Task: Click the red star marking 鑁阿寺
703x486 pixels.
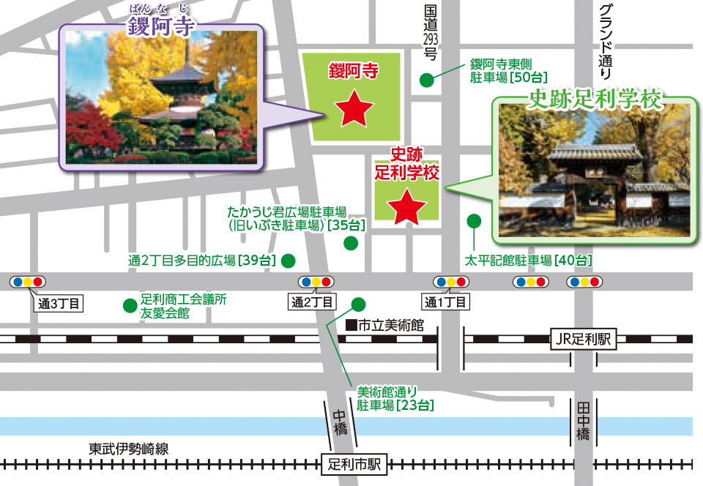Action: [x=353, y=108]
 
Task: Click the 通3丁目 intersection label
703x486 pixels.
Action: [x=58, y=302]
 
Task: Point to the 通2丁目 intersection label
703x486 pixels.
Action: [x=313, y=302]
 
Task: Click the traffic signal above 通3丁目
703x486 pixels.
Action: [x=28, y=281]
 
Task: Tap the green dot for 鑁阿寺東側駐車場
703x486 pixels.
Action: [x=426, y=80]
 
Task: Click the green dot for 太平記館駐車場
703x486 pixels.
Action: [x=475, y=220]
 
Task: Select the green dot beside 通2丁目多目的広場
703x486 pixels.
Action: [x=288, y=260]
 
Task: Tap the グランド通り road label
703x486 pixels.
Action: [x=606, y=41]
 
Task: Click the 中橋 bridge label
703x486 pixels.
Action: [x=341, y=425]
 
